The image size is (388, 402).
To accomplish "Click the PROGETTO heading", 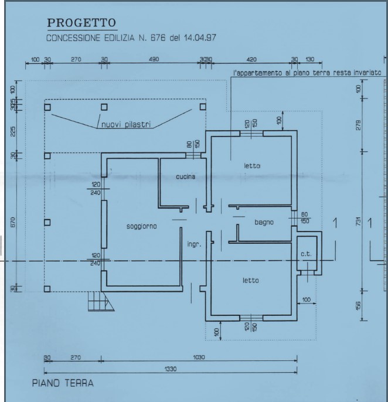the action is click(x=81, y=23).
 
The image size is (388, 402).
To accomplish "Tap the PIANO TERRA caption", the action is click(x=63, y=383).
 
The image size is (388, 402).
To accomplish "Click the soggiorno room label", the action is click(x=142, y=226).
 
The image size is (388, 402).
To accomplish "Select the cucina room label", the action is click(x=186, y=176).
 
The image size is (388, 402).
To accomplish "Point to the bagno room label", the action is click(x=264, y=222).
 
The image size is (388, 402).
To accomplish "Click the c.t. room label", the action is click(x=306, y=254).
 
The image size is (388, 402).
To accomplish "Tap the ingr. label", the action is click(x=195, y=244).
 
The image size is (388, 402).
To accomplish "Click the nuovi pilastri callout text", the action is click(x=126, y=125).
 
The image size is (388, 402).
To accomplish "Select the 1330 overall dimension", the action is click(x=171, y=369).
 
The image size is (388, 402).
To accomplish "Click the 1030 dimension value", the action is click(x=199, y=357).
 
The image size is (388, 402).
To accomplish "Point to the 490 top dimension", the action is click(x=154, y=59).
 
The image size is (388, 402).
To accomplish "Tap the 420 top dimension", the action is click(x=251, y=60).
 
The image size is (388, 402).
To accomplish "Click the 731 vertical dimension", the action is click(x=359, y=222).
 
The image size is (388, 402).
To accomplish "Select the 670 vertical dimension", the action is click(x=13, y=222).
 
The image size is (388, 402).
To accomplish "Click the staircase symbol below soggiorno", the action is click(x=101, y=301).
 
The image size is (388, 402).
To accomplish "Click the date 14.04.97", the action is click(x=200, y=38).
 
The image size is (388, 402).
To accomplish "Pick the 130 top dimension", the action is click(x=310, y=60).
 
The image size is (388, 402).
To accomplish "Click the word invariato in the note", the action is click(x=367, y=73).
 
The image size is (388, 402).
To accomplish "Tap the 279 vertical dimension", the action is click(x=359, y=125).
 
